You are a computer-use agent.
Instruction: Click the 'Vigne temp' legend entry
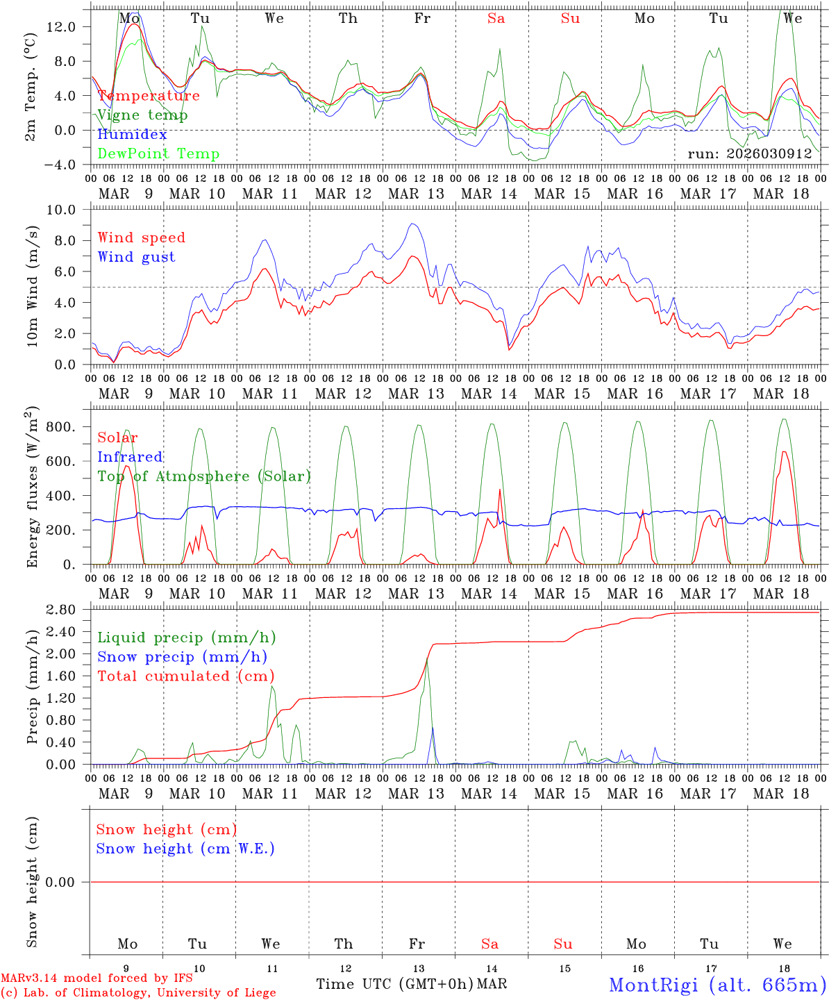pyautogui.click(x=142, y=115)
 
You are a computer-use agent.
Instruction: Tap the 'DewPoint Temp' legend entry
pyautogui.click(x=158, y=154)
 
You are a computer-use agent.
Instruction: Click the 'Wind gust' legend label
pyautogui.click(x=136, y=257)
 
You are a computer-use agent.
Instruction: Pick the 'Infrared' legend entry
pyautogui.click(x=130, y=457)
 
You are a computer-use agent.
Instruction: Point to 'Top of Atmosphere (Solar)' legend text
pyautogui.click(x=203, y=476)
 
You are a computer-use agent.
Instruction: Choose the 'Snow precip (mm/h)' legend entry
pyautogui.click(x=182, y=657)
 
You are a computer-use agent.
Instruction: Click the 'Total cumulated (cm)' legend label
pyautogui.click(x=185, y=676)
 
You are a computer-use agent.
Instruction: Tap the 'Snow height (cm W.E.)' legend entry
pyautogui.click(x=185, y=849)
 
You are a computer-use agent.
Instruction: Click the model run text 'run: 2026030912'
pyautogui.click(x=749, y=154)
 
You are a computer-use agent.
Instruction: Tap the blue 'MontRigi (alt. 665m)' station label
pyautogui.click(x=717, y=984)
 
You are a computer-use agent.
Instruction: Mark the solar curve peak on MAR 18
pyautogui.click(x=784, y=451)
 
